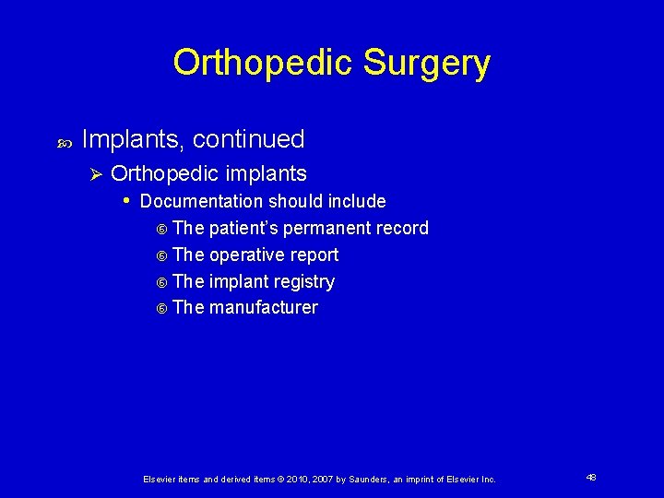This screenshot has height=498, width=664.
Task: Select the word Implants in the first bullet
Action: click(x=133, y=139)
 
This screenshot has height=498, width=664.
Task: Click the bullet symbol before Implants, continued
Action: click(x=64, y=142)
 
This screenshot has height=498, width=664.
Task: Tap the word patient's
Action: click(x=243, y=228)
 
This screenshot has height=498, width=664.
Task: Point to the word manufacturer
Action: click(x=264, y=308)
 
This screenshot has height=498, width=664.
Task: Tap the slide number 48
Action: click(x=590, y=478)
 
